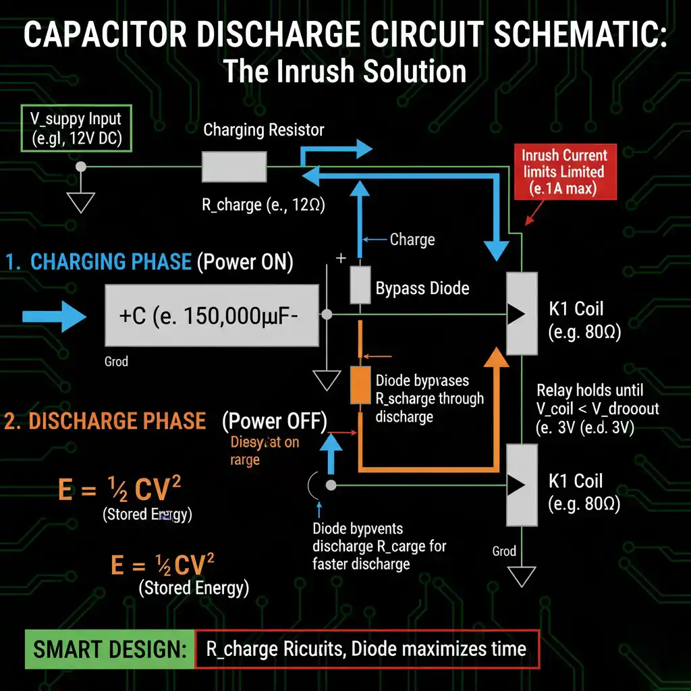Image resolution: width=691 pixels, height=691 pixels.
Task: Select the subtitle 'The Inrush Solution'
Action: tap(345, 71)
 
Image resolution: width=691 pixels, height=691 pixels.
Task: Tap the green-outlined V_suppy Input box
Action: tap(76, 129)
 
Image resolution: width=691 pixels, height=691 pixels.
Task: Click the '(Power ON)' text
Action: tap(245, 262)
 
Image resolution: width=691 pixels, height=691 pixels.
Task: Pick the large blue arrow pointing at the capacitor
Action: tap(54, 315)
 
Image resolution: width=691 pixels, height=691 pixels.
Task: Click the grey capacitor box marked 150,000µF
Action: tap(212, 315)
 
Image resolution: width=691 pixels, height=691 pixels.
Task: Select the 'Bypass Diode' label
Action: tap(422, 289)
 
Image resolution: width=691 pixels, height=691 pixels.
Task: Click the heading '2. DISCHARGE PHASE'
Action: tap(105, 421)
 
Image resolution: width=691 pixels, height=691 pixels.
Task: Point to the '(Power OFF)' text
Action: tap(274, 421)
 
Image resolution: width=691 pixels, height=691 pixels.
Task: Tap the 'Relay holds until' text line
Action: tap(590, 390)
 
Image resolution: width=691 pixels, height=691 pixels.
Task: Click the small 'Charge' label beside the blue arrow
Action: tap(412, 240)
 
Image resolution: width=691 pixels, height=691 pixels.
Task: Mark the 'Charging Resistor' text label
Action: tap(264, 130)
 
